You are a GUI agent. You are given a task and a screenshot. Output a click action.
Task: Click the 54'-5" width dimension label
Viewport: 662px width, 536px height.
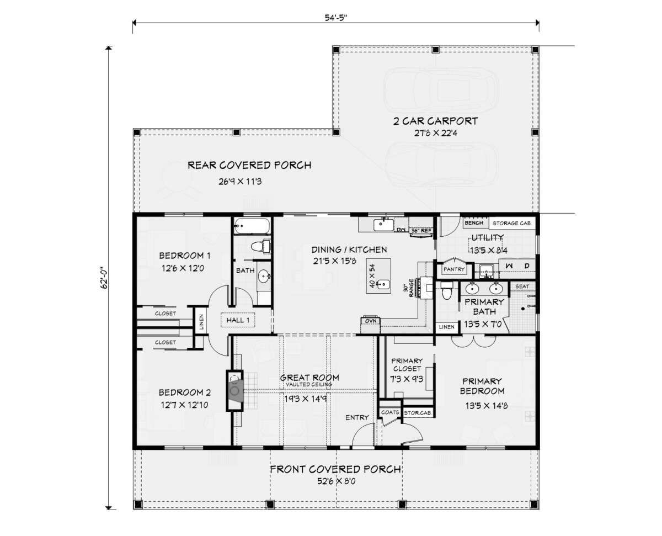[335, 18]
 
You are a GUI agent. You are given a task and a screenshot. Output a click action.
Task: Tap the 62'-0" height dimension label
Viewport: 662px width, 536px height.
[104, 279]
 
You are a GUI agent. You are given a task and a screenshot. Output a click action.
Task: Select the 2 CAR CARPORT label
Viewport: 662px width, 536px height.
[435, 121]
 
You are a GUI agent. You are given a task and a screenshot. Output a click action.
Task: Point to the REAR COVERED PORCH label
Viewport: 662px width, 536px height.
[249, 165]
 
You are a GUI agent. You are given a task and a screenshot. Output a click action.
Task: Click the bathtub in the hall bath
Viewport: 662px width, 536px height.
[252, 226]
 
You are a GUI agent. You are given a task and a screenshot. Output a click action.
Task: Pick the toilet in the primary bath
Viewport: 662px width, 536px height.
[447, 290]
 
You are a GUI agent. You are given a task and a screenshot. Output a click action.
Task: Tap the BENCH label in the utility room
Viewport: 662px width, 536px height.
[474, 223]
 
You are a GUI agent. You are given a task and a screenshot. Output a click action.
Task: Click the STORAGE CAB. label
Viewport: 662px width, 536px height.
[511, 223]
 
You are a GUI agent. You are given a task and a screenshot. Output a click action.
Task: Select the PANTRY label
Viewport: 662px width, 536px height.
[454, 269]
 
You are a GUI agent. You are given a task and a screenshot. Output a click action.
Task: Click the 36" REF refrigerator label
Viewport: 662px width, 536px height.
[421, 230]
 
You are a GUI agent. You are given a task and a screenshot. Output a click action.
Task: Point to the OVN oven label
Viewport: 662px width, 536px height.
[371, 321]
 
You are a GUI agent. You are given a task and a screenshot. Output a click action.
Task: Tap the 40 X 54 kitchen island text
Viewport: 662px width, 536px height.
[372, 276]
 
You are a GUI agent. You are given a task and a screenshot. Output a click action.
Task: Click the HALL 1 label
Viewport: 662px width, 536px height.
[238, 320]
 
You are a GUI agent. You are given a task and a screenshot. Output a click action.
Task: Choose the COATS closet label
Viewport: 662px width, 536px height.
[389, 412]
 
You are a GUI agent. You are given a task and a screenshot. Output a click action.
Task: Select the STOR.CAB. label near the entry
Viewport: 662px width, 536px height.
[418, 413]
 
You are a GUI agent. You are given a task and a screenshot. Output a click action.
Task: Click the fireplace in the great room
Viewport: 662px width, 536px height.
[234, 391]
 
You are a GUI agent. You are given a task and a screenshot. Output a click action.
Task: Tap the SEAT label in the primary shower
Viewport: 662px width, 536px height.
[522, 286]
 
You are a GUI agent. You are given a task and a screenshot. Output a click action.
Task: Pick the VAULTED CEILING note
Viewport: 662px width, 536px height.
[308, 384]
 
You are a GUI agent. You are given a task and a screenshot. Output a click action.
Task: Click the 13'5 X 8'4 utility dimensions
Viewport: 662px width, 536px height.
[489, 250]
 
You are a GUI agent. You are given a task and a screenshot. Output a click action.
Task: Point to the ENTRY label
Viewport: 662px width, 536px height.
[357, 417]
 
